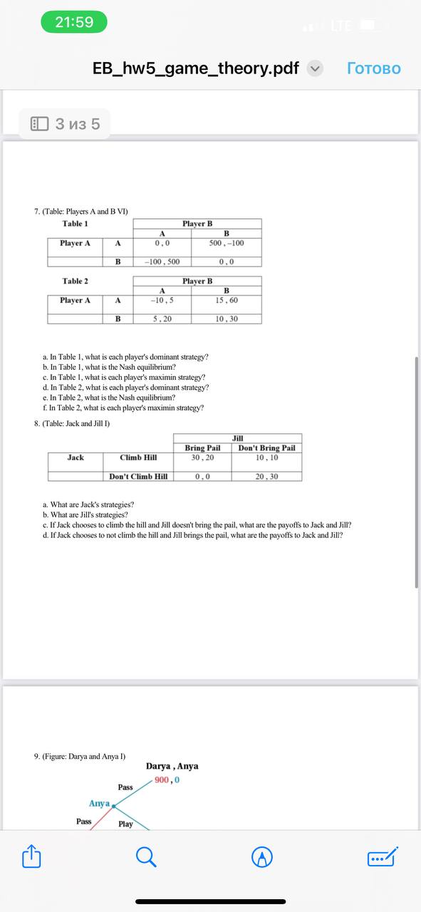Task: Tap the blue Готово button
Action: click(374, 68)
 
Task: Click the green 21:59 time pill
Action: click(74, 22)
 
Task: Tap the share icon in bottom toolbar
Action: click(31, 856)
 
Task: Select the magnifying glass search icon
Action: click(146, 856)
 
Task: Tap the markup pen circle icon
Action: click(263, 856)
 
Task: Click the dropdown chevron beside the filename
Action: click(315, 68)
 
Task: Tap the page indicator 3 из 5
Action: click(66, 124)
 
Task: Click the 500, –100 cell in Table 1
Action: click(227, 243)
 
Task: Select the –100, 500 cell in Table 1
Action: click(162, 261)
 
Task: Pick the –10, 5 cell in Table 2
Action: click(162, 300)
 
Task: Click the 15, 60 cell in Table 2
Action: click(227, 300)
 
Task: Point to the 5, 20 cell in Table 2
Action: click(162, 318)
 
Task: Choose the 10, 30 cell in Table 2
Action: click(227, 318)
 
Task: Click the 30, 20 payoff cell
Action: click(202, 457)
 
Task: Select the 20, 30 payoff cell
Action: click(266, 477)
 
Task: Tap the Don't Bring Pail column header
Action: click(266, 448)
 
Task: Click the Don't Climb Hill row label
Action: click(138, 477)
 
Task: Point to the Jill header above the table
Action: click(238, 438)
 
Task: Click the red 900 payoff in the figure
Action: click(162, 780)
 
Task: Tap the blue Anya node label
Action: click(99, 804)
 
